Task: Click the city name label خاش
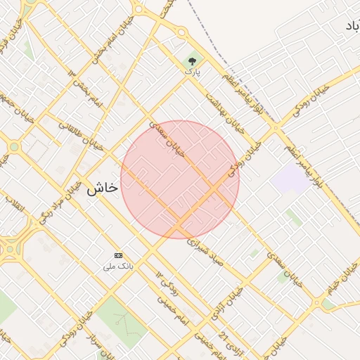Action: [x=101, y=190]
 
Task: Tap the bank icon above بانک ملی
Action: [x=118, y=255]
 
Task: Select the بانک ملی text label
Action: [x=118, y=266]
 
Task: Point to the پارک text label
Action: [x=193, y=71]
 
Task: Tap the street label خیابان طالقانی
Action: [x=81, y=133]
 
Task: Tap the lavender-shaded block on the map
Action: [x=290, y=179]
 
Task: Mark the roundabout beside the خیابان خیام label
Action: [x=328, y=304]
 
